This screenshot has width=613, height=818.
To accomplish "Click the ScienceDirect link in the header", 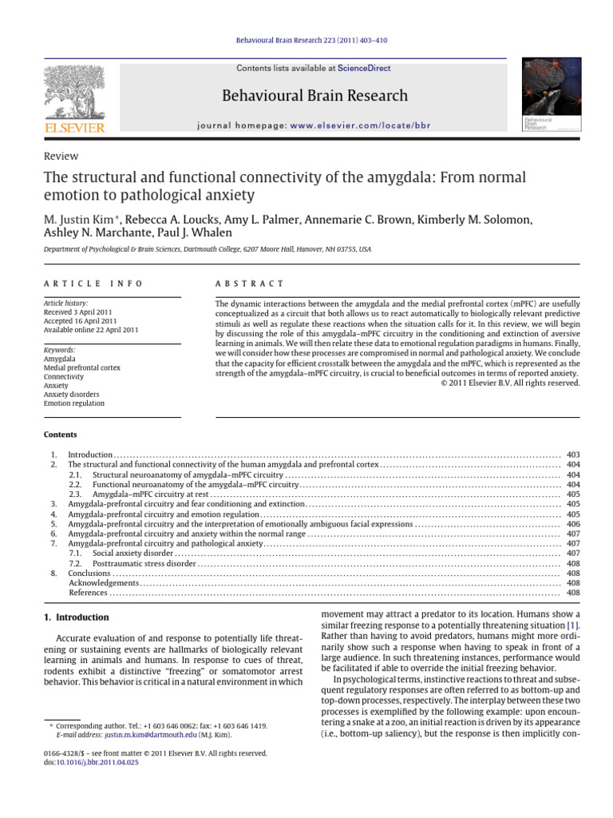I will pyautogui.click(x=364, y=69).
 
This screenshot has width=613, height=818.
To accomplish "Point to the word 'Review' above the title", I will pyautogui.click(x=61, y=157).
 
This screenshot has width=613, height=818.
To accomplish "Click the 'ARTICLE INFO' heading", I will pyautogui.click(x=93, y=284).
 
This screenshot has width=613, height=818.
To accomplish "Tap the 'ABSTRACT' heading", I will pyautogui.click(x=250, y=284).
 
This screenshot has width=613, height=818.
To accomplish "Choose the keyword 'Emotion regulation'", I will pyautogui.click(x=74, y=403).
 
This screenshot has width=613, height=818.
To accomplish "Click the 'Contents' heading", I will pyautogui.click(x=61, y=435).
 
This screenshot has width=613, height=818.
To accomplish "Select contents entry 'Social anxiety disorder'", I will pyautogui.click(x=132, y=553).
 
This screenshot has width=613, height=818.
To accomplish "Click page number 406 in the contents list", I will pyautogui.click(x=572, y=524).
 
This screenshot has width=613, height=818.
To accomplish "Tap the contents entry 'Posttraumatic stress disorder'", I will pyautogui.click(x=144, y=563).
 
